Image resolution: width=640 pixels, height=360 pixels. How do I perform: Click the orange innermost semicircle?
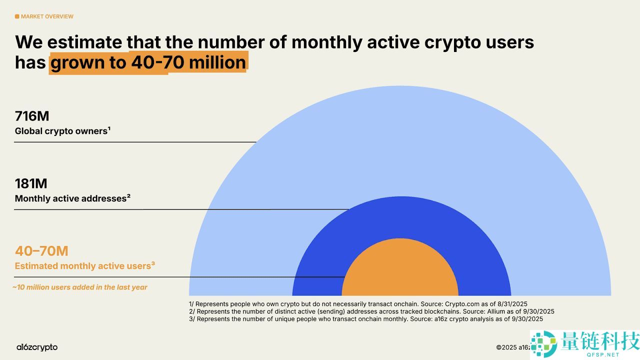click(400, 272)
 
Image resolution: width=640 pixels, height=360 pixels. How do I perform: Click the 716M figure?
click(32, 116)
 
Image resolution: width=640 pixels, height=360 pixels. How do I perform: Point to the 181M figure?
click(31, 183)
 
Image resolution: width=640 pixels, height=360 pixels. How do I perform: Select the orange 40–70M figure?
click(41, 251)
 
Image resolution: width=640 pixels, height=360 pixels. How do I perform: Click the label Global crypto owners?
click(62, 131)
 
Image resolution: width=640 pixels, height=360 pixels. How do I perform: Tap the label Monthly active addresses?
click(72, 198)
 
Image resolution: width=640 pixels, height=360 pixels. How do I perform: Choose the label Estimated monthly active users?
click(84, 266)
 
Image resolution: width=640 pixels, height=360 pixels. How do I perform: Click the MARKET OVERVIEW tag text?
click(47, 16)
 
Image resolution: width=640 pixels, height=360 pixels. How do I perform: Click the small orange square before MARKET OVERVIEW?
click(17, 16)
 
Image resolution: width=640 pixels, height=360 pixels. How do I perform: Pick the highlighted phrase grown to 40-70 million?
click(148, 62)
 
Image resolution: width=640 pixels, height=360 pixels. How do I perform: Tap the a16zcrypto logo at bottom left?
click(36, 347)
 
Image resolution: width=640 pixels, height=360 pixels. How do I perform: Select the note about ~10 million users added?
click(80, 287)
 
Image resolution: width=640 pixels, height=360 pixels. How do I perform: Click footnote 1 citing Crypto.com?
click(358, 303)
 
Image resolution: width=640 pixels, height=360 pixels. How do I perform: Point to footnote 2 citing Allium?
click(371, 311)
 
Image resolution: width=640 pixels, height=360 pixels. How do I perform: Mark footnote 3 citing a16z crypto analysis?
click(365, 318)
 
